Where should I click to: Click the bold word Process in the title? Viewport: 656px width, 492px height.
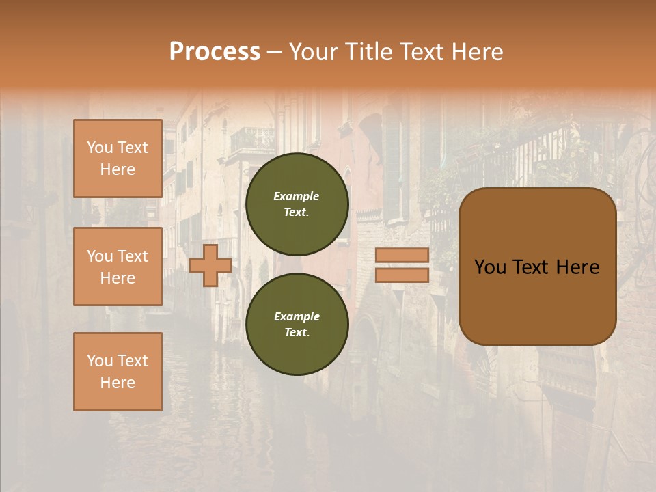pyautogui.click(x=215, y=52)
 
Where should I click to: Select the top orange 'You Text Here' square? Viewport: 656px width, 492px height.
pyautogui.click(x=118, y=159)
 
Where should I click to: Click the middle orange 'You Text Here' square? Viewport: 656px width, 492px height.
pyautogui.click(x=118, y=266)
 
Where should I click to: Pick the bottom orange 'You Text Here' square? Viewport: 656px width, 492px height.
pyautogui.click(x=118, y=371)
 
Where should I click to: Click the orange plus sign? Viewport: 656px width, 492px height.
pyautogui.click(x=210, y=265)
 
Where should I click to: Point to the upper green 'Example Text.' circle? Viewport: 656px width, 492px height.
pyautogui.click(x=297, y=204)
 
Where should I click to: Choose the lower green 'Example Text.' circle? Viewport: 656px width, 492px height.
pyautogui.click(x=297, y=324)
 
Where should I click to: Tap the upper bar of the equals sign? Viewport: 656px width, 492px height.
pyautogui.click(x=402, y=255)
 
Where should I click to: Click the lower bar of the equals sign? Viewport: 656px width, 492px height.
pyautogui.click(x=402, y=275)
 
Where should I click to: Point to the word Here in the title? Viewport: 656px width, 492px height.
pyautogui.click(x=476, y=52)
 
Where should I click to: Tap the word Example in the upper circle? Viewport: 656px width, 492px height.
pyautogui.click(x=296, y=196)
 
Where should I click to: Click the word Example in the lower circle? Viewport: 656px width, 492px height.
pyautogui.click(x=297, y=316)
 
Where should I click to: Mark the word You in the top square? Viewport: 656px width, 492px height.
pyautogui.click(x=99, y=148)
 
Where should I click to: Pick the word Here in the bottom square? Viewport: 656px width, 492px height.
pyautogui.click(x=118, y=383)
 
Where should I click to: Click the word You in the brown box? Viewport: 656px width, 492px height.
pyautogui.click(x=490, y=267)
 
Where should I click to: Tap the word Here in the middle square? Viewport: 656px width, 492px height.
pyautogui.click(x=118, y=278)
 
